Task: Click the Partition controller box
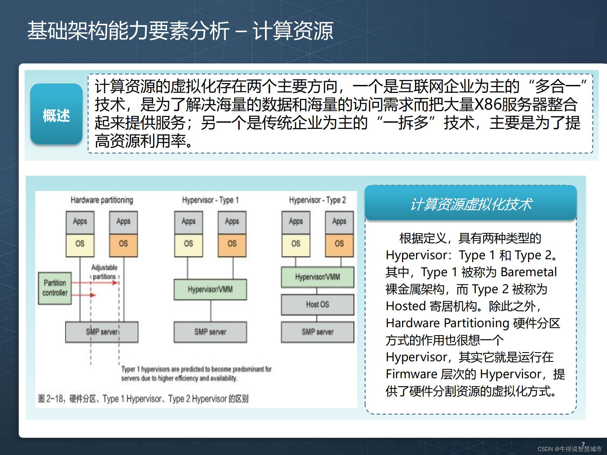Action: [55, 288]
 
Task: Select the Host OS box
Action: [317, 304]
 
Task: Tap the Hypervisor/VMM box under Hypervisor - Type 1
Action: [210, 290]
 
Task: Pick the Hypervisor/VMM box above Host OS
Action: [317, 277]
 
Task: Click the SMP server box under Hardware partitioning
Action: [102, 332]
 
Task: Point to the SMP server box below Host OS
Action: [317, 332]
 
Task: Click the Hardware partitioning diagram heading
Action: [102, 200]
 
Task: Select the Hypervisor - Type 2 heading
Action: [317, 200]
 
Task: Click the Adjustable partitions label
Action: [104, 272]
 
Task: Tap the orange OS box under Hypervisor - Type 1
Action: [232, 244]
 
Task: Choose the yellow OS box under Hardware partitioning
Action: [80, 244]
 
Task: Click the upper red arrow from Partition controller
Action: [94, 283]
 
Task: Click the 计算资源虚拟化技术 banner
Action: [471, 204]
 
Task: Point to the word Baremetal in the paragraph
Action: [528, 272]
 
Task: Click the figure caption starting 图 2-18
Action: [143, 399]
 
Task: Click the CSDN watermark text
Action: [569, 449]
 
